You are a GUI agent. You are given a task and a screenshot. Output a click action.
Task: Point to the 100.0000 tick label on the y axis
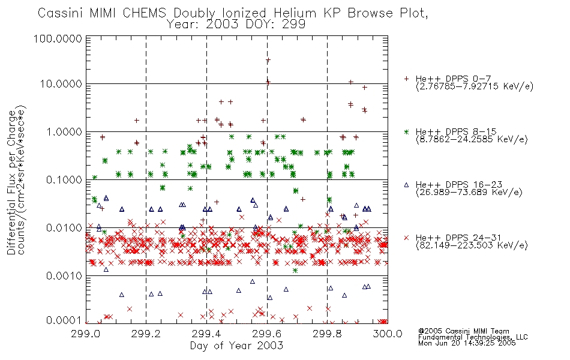(58, 38)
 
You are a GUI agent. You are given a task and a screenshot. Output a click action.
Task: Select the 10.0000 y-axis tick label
(61, 84)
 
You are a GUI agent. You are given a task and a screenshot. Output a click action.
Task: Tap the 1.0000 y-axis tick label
(64, 131)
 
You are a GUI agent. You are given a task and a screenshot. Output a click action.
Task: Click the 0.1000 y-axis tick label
(64, 179)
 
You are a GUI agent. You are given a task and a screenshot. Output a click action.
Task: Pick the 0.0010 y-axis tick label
(64, 276)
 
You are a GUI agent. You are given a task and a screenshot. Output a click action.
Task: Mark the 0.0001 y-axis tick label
(64, 320)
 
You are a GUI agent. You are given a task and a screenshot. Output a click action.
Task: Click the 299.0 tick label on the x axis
(86, 334)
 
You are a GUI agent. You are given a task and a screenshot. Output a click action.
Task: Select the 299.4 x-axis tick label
(206, 334)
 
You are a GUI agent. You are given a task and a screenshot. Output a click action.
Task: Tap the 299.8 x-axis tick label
(327, 334)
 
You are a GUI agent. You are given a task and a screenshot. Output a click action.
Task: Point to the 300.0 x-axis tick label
(388, 334)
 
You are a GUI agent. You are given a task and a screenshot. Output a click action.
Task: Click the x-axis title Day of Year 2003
(236, 346)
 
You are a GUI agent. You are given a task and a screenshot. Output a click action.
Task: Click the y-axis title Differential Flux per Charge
(11, 182)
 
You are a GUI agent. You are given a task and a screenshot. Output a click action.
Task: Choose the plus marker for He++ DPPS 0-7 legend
(406, 79)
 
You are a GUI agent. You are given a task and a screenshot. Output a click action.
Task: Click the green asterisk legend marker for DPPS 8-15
(406, 131)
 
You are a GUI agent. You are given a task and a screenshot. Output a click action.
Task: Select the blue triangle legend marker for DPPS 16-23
(406, 185)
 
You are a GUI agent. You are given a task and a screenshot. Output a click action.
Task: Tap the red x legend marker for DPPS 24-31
(406, 238)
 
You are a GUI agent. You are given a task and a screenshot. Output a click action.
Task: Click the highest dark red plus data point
(268, 60)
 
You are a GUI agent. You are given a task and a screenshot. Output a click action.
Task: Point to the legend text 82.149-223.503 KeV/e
(472, 245)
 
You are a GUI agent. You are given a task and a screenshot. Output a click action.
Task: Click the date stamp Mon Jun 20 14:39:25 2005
(467, 343)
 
